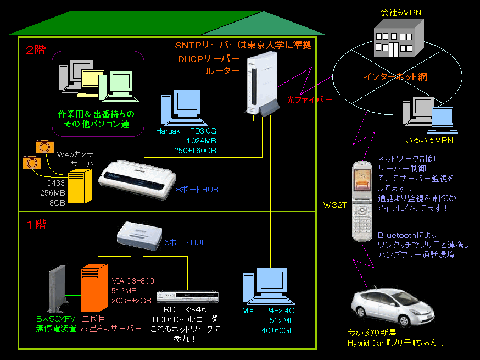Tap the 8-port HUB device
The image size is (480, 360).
pyautogui.click(x=137, y=178)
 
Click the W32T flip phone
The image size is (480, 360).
pyautogui.click(x=363, y=200)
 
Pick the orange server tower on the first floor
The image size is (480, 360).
pyautogui.click(x=93, y=288)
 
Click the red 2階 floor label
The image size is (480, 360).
pyautogui.click(x=36, y=51)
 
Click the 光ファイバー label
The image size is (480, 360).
pyautogui.click(x=309, y=99)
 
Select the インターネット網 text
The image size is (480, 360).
pyautogui.click(x=395, y=77)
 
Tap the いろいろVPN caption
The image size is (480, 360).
pyautogui.click(x=429, y=140)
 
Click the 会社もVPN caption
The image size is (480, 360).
pyautogui.click(x=401, y=12)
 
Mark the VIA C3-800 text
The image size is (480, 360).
pyautogui.click(x=133, y=281)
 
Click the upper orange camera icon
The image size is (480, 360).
pyautogui.click(x=43, y=145)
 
